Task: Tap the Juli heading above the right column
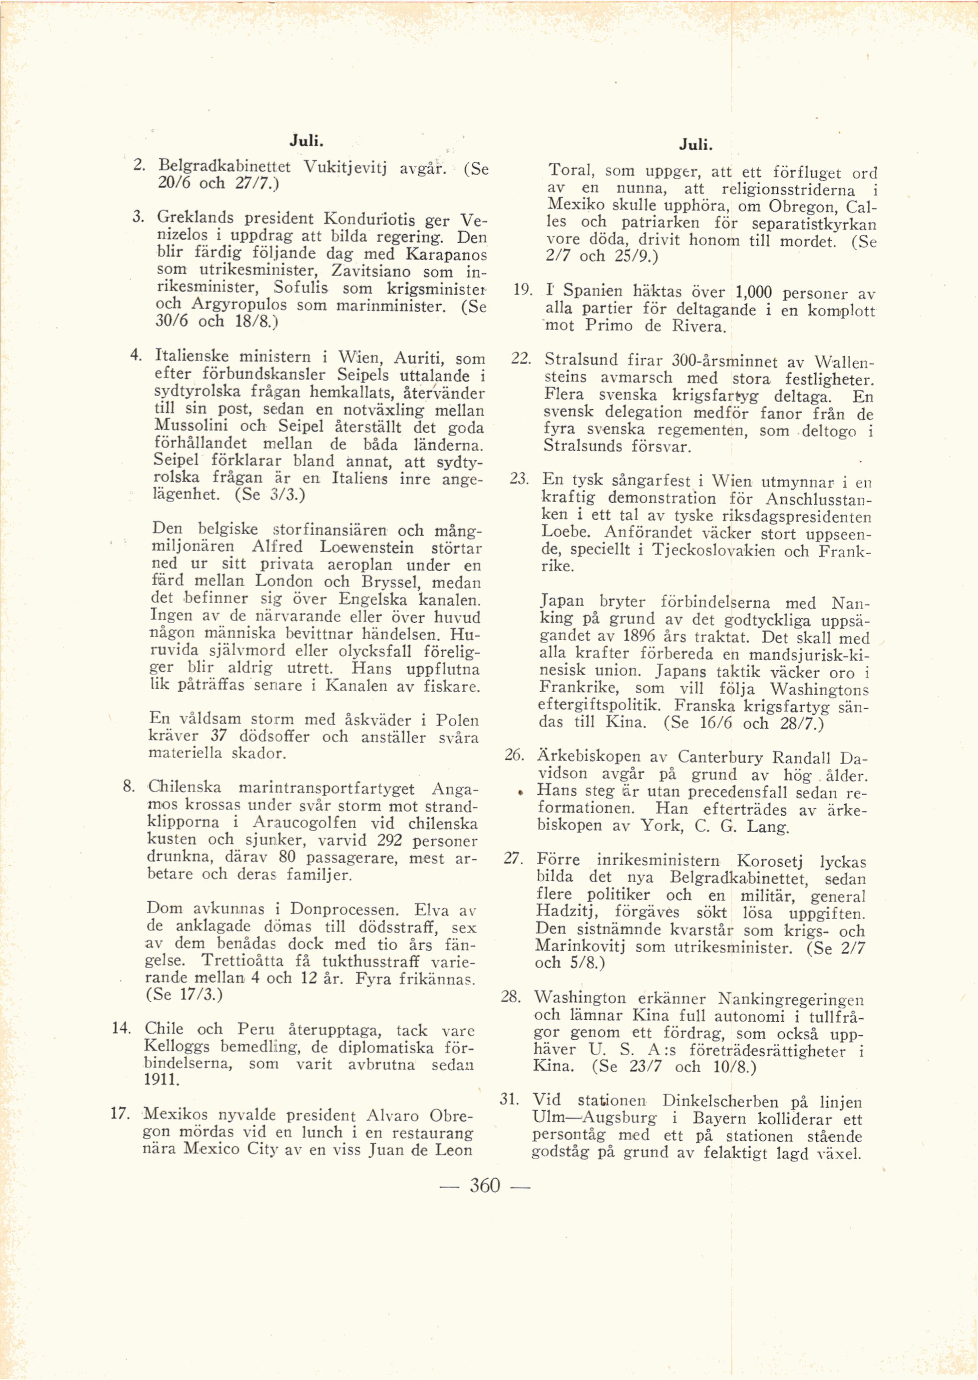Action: (696, 145)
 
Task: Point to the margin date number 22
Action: (520, 359)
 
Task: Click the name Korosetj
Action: (770, 861)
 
